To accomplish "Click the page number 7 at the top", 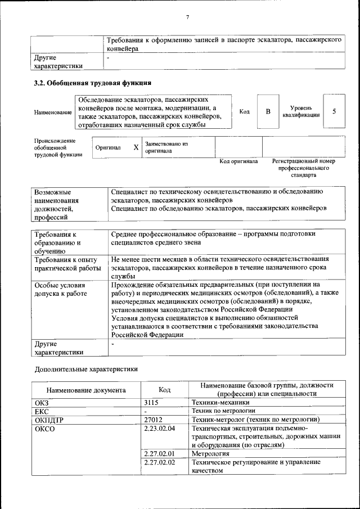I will (x=187, y=17).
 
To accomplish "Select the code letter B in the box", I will (x=268, y=111).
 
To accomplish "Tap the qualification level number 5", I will (x=334, y=111).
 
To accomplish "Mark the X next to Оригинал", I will (x=136, y=147).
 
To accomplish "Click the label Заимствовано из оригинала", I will (x=166, y=147).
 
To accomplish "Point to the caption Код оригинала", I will (x=238, y=161).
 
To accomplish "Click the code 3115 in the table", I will (x=152, y=403).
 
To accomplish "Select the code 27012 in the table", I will (x=154, y=420).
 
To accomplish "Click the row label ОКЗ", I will (x=42, y=403).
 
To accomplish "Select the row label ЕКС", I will (x=42, y=411).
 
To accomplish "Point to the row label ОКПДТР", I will (x=49, y=420).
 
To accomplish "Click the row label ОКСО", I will (x=44, y=429).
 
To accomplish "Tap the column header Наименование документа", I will (x=86, y=390).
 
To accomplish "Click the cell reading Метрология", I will (x=210, y=453).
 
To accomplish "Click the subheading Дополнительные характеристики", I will (x=86, y=370).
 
